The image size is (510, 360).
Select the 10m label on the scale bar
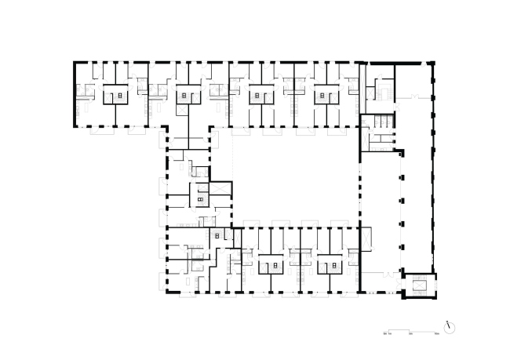point(435,333)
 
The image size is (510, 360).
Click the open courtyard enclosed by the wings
point(294,176)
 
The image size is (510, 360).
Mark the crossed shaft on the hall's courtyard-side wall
point(364,236)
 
